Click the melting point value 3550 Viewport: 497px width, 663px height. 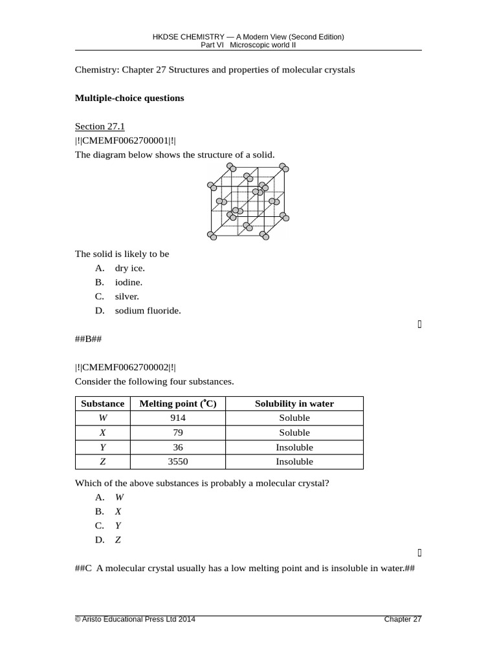click(178, 462)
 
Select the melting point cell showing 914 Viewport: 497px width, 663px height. click(178, 418)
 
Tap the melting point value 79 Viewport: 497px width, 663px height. click(178, 433)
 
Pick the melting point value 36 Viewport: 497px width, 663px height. click(178, 447)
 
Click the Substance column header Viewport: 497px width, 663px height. click(102, 403)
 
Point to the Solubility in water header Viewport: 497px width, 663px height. click(294, 403)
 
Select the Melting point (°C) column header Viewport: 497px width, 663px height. click(178, 403)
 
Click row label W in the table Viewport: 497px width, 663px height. click(102, 418)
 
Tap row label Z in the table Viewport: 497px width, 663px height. click(102, 462)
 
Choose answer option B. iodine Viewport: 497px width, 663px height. click(128, 282)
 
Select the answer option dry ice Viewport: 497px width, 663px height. click(129, 268)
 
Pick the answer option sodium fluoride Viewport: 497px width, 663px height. click(148, 311)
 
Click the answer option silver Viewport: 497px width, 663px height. click(127, 297)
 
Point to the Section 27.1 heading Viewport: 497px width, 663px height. click(100, 126)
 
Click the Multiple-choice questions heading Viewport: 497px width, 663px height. click(129, 98)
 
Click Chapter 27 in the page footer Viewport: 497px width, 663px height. click(403, 620)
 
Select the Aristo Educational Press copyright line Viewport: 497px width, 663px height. click(135, 620)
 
